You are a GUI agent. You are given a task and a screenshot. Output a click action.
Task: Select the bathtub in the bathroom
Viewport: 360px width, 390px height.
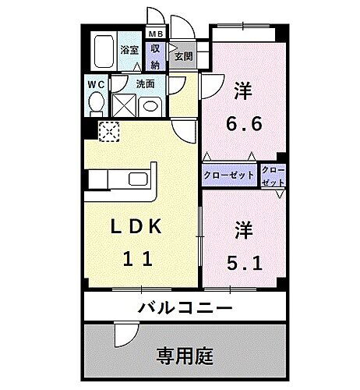pos(102,51)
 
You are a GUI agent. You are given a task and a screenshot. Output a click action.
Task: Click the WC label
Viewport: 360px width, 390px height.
pos(96,83)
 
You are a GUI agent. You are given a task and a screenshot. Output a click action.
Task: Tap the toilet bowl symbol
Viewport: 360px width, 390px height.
pos(96,101)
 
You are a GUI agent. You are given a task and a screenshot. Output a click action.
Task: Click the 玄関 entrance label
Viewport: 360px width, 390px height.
pos(184,56)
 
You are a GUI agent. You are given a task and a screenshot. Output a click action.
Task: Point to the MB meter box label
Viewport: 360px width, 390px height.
pos(156,34)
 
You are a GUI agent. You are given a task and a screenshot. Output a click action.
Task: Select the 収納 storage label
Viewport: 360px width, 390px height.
pos(156,52)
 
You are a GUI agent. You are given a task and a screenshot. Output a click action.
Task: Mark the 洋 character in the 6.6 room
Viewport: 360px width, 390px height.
pos(242,89)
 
